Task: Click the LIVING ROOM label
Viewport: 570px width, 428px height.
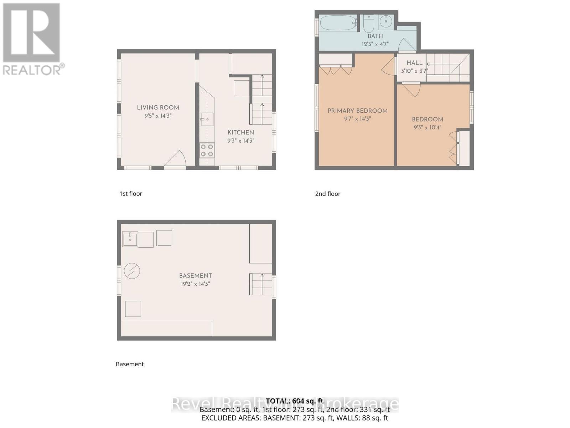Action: [x=158, y=107]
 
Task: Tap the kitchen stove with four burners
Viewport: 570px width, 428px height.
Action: [x=207, y=150]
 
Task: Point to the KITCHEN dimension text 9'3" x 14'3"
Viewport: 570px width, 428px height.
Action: [x=241, y=141]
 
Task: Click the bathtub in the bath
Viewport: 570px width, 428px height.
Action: [x=338, y=23]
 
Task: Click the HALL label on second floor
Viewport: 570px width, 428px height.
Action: [x=414, y=63]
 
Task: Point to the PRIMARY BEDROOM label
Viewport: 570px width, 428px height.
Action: [x=357, y=111]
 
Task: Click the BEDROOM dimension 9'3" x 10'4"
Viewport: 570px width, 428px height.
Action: [x=427, y=127]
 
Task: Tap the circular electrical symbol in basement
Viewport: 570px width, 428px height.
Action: [x=132, y=271]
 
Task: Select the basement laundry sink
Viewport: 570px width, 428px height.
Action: [x=130, y=239]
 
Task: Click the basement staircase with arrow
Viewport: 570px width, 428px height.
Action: [x=261, y=284]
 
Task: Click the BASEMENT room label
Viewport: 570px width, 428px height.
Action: [x=195, y=276]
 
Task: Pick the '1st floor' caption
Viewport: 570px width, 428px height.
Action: [x=131, y=194]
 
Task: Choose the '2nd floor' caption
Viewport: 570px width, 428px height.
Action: [x=328, y=194]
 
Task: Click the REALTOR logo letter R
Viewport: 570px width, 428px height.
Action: [x=31, y=33]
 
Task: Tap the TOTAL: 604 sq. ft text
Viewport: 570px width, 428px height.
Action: [x=295, y=401]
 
